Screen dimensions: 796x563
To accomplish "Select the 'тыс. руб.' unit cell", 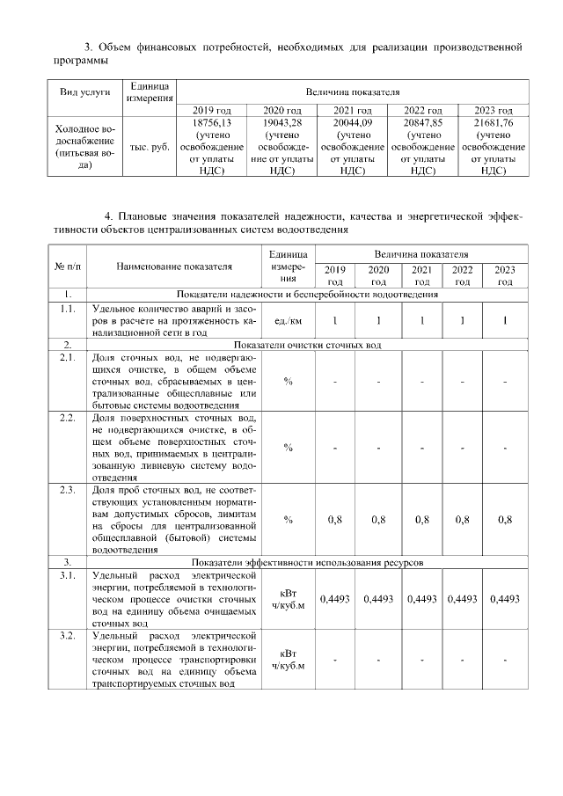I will (x=149, y=148).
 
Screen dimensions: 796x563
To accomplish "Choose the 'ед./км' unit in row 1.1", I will (x=287, y=322).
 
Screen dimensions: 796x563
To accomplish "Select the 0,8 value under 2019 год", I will (x=335, y=520).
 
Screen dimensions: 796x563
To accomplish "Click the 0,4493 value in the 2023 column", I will (x=505, y=599).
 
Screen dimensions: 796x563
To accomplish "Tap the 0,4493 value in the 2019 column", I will (x=335, y=599).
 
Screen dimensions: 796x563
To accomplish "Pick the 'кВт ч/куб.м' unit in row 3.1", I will (x=287, y=599).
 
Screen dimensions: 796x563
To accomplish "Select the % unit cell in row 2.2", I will (x=287, y=447).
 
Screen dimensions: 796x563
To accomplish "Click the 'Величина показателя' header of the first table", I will (x=352, y=91).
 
